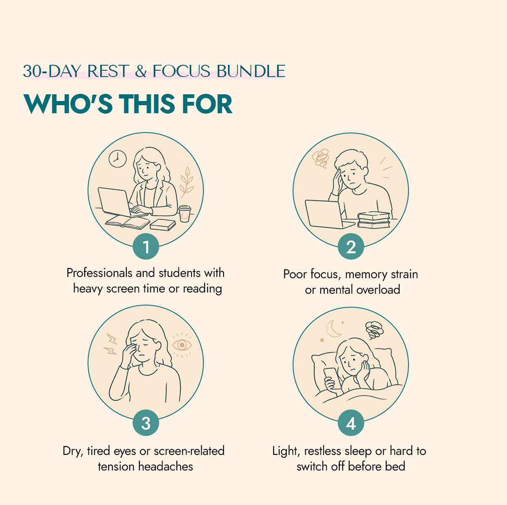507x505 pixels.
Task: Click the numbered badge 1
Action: (146, 247)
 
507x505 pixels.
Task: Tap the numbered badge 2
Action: (351, 247)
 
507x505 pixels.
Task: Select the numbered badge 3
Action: (146, 423)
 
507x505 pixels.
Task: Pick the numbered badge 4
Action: (351, 423)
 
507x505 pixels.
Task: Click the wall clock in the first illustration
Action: (117, 159)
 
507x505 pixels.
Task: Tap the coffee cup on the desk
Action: (184, 214)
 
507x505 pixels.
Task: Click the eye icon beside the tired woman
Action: (182, 345)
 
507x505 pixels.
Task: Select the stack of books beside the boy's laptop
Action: (374, 220)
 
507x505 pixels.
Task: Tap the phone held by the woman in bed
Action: (332, 378)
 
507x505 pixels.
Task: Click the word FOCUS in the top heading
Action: (181, 71)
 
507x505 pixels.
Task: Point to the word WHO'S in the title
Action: (68, 104)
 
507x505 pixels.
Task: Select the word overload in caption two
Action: (378, 290)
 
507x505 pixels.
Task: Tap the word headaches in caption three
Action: (165, 466)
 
